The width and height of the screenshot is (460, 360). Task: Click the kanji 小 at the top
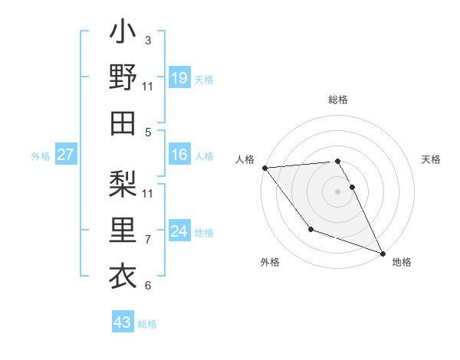click(x=123, y=34)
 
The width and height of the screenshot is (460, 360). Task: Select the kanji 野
click(x=123, y=77)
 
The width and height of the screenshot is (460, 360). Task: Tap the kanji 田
click(x=123, y=122)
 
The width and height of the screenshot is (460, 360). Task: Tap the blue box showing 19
click(x=179, y=77)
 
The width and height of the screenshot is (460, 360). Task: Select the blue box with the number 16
click(x=179, y=155)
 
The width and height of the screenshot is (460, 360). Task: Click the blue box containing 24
click(x=179, y=231)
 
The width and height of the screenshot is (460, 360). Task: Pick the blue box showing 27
click(x=66, y=155)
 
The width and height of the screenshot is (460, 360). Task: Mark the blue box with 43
click(x=122, y=322)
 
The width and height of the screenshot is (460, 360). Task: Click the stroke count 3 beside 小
click(x=147, y=40)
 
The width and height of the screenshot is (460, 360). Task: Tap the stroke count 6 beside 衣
click(x=147, y=286)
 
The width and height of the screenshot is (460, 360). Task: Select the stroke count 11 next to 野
click(x=148, y=86)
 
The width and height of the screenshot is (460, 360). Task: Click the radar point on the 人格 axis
click(x=264, y=167)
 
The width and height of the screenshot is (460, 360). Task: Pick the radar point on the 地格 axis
click(x=383, y=253)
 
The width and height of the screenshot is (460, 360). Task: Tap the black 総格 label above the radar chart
click(x=338, y=100)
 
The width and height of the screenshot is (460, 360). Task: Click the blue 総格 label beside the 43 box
click(x=147, y=324)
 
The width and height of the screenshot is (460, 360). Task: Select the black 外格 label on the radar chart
click(x=270, y=262)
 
